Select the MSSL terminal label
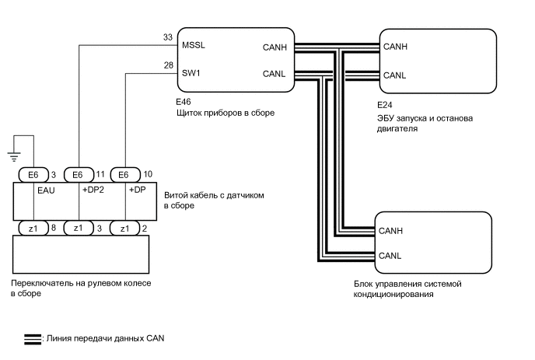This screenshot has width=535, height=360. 194,46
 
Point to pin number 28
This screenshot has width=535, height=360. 169,66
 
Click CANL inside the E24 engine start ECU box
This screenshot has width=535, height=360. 396,75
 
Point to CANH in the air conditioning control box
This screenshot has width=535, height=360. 391,231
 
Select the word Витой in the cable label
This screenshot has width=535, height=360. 177,195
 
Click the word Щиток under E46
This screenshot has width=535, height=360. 193,113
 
